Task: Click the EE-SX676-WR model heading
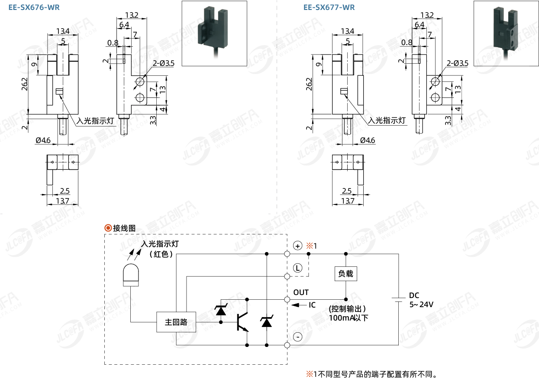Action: click(34, 7)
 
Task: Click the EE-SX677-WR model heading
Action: click(329, 7)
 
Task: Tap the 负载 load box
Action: click(345, 273)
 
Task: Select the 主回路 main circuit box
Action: click(176, 322)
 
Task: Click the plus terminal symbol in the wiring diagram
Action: click(297, 246)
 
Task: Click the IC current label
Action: click(312, 305)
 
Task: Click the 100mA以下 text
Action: click(349, 318)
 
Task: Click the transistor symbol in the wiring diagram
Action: click(242, 322)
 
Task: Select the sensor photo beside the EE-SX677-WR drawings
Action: click(505, 33)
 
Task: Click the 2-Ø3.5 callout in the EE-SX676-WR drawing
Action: click(163, 63)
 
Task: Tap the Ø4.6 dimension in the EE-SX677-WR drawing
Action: click(367, 140)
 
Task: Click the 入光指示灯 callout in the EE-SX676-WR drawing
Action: click(96, 121)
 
